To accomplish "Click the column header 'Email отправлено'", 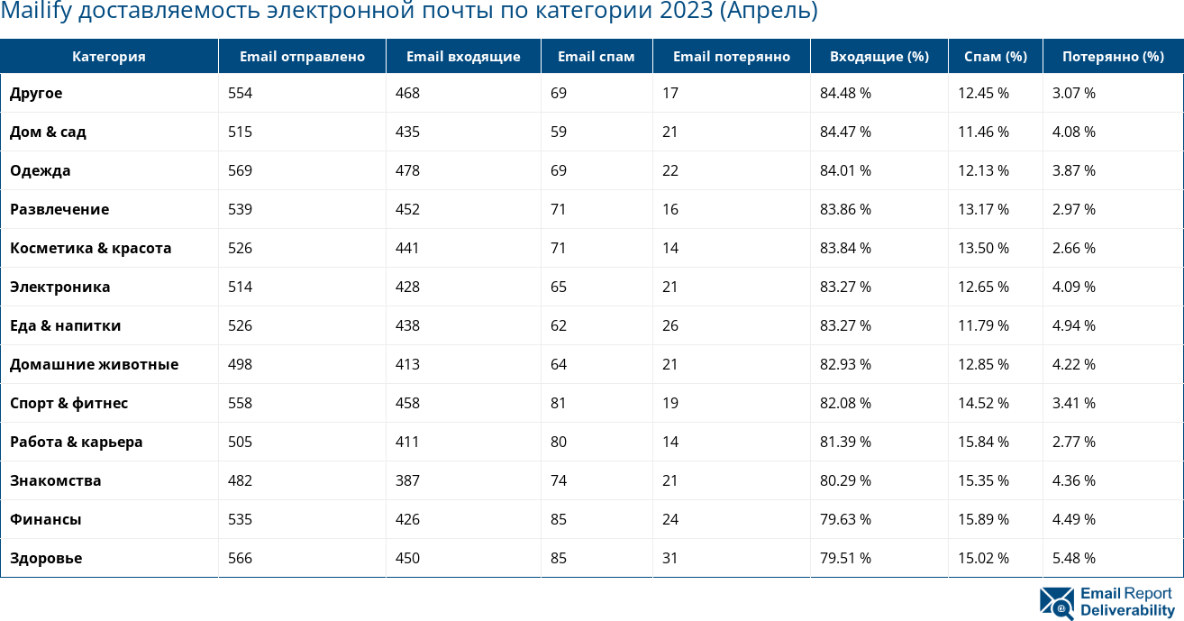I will pos(302,56).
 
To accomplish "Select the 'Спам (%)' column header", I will pos(995,56).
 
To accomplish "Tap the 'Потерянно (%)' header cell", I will pos(1113,56).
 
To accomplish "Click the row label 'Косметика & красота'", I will pos(90,248).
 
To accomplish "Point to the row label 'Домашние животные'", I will pos(94,364).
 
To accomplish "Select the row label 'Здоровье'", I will pos(46,558).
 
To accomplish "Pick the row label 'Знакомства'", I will pos(55,480).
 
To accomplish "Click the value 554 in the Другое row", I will pos(240,93).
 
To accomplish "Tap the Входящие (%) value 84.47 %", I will pos(845,132).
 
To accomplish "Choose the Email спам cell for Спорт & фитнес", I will pos(558,403).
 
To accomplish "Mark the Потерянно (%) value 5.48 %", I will pos(1073,558).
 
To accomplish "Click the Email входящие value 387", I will pos(407,480).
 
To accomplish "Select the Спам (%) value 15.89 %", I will pos(983,519).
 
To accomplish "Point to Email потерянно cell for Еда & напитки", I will pos(669,325).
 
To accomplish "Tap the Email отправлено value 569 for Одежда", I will pos(240,170).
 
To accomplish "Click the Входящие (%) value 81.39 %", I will pos(845,442).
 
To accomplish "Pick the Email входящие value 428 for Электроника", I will pos(407,287).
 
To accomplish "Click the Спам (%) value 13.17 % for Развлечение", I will pos(983,209).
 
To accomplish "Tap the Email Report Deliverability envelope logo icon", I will pos(1056,603).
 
